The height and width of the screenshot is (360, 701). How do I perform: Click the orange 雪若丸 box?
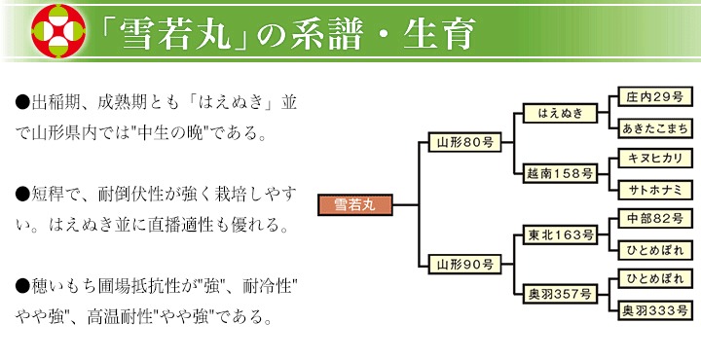pyautogui.click(x=355, y=205)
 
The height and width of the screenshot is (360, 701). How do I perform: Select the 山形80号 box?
pyautogui.click(x=464, y=142)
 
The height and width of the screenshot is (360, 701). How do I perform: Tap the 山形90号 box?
pyautogui.click(x=464, y=265)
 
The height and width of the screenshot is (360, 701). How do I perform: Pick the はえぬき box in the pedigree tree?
pyautogui.click(x=560, y=113)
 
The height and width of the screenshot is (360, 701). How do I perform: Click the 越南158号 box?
pyautogui.click(x=560, y=173)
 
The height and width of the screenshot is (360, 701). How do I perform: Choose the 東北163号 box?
pyautogui.click(x=560, y=234)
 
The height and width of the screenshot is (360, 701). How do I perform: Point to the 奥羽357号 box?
pyautogui.click(x=560, y=294)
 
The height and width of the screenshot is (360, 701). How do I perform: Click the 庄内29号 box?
pyautogui.click(x=655, y=97)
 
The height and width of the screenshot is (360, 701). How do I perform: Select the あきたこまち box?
pyautogui.click(x=655, y=128)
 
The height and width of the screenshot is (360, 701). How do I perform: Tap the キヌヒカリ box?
pyautogui.click(x=655, y=159)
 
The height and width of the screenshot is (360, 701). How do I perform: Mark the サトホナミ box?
pyautogui.click(x=655, y=190)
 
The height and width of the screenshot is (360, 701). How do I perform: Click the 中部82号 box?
pyautogui.click(x=655, y=219)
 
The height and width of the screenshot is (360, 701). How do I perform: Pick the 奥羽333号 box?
pyautogui.click(x=655, y=310)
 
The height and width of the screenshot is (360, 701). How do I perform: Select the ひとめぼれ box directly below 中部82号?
pyautogui.click(x=655, y=250)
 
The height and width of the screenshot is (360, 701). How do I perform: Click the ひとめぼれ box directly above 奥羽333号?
pyautogui.click(x=655, y=278)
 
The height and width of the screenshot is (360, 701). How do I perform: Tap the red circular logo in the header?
pyautogui.click(x=58, y=31)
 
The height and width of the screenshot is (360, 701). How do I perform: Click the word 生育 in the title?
pyautogui.click(x=438, y=34)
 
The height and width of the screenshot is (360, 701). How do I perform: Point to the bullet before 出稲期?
pyautogui.click(x=22, y=102)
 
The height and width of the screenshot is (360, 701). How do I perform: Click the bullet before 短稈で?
pyautogui.click(x=22, y=194)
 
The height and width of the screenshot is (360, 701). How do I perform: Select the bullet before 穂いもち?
pyautogui.click(x=22, y=285)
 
